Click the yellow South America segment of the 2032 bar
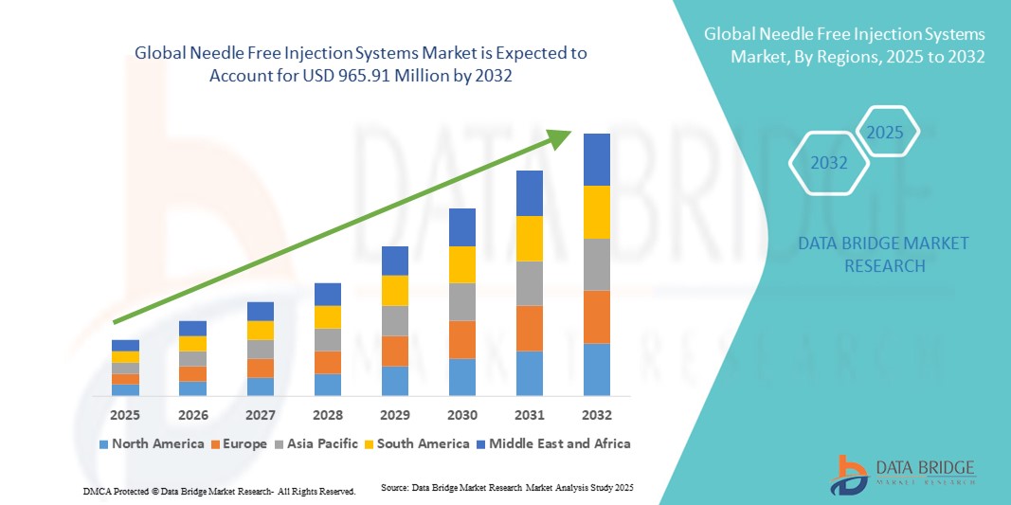click(596, 212)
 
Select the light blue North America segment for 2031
click(529, 372)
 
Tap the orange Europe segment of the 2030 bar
click(461, 339)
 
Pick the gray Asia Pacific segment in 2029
click(394, 320)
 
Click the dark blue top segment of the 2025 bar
click(125, 345)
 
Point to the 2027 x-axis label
click(260, 415)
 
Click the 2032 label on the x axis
click(596, 415)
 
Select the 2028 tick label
click(327, 415)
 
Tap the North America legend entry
click(151, 443)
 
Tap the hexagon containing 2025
click(886, 133)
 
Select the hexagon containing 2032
click(829, 163)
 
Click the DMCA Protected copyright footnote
click(219, 492)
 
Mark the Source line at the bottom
click(506, 487)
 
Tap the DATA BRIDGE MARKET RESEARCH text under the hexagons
click(883, 255)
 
